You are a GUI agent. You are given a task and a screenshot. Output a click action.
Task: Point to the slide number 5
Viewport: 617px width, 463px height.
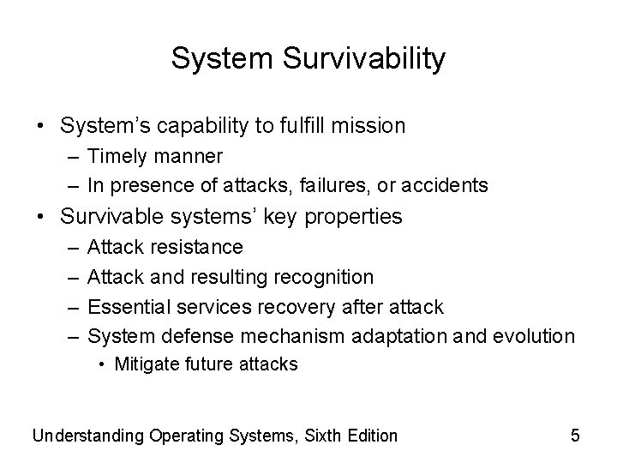point(575,436)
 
